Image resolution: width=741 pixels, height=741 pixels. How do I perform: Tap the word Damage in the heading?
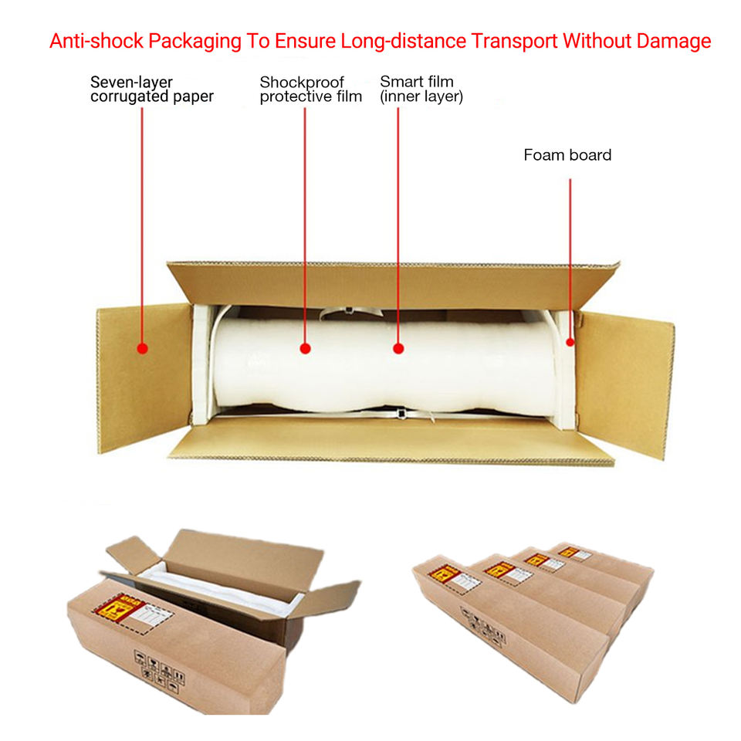pyautogui.click(x=671, y=41)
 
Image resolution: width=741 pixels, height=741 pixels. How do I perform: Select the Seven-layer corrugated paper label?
pyautogui.click(x=151, y=89)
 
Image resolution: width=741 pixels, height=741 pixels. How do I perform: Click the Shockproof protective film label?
pyautogui.click(x=310, y=89)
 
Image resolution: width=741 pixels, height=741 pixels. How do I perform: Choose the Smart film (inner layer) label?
pyautogui.click(x=421, y=89)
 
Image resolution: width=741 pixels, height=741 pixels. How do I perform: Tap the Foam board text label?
pyautogui.click(x=567, y=155)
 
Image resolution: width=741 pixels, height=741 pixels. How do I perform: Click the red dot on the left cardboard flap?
pyautogui.click(x=142, y=349)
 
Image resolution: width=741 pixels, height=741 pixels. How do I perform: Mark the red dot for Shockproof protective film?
pyautogui.click(x=305, y=349)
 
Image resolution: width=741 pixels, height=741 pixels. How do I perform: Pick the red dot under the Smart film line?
pyautogui.click(x=398, y=349)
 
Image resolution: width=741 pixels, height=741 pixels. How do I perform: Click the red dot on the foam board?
pyautogui.click(x=570, y=342)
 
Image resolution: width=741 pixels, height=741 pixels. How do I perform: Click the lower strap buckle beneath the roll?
pyautogui.click(x=401, y=414)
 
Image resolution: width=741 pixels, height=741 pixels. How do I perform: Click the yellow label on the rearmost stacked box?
pyautogui.click(x=570, y=552)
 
